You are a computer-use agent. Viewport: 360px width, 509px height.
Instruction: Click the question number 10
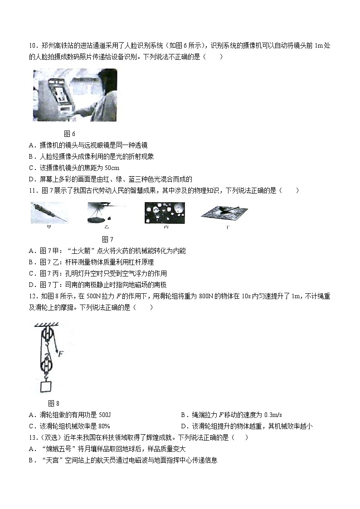tap(32, 45)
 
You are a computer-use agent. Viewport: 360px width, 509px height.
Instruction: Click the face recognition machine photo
tap(74, 95)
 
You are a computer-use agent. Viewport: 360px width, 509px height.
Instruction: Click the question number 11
tap(32, 190)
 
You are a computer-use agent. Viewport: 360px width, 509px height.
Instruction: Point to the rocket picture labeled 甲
tap(49, 213)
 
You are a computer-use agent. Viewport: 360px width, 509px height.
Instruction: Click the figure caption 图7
tap(107, 239)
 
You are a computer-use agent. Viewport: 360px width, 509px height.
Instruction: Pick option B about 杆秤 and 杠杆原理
tap(91, 262)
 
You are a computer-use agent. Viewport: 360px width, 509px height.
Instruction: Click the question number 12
tap(32, 296)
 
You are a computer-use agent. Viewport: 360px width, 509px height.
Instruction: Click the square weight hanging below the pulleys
tap(46, 387)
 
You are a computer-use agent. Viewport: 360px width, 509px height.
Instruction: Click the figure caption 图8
tap(54, 403)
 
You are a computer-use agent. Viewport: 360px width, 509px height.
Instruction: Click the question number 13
tap(32, 437)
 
